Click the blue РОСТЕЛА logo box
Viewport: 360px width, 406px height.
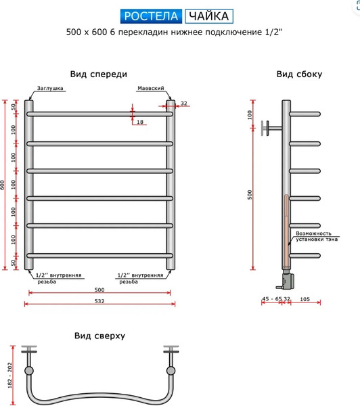point(152,16)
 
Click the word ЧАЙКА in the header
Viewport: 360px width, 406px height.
point(209,16)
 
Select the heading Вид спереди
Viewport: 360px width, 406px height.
point(99,74)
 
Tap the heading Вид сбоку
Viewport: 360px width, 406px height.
point(298,74)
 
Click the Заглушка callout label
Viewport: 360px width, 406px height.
point(51,88)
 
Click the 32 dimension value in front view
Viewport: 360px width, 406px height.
point(183,104)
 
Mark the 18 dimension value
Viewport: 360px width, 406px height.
point(139,122)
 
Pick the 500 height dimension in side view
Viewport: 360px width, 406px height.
point(250,194)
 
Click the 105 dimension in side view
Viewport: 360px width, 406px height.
point(305,298)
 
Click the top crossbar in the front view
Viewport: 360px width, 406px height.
point(99,114)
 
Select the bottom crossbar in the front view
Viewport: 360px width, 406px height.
point(99,254)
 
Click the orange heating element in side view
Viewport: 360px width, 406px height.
point(287,230)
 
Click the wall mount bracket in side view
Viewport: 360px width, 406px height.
point(273,125)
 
